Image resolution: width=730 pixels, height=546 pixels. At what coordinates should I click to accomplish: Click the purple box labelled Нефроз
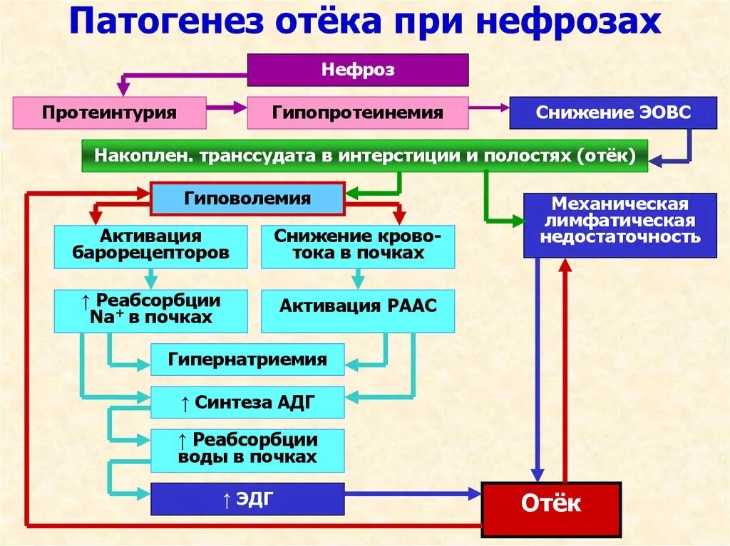coord(358,70)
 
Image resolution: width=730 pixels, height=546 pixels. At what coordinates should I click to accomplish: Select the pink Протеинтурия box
coord(109,112)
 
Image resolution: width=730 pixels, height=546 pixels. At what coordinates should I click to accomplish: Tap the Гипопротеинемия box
coord(358,112)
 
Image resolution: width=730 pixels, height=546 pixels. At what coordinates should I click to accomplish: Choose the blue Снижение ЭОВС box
coord(613,112)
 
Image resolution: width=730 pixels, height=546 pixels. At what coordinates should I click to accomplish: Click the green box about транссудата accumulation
coord(364,155)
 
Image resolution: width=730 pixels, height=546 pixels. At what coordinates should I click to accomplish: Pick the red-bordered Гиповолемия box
coord(247,198)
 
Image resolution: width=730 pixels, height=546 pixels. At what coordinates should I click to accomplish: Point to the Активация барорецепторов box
coord(150,246)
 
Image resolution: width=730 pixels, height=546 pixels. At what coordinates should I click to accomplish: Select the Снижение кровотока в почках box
coord(358,246)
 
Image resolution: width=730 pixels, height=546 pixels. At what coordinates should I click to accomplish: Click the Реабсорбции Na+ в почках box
coord(150,310)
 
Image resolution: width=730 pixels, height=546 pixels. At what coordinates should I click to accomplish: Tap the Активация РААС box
coord(358,307)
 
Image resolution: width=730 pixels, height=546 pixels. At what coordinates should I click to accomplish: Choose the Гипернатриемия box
coord(247,359)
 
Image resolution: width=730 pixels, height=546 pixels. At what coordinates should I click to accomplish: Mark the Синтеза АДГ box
coord(247,403)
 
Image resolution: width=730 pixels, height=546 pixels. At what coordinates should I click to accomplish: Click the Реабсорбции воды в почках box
coord(247,449)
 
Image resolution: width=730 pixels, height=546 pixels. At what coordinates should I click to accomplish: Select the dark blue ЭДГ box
coord(247,499)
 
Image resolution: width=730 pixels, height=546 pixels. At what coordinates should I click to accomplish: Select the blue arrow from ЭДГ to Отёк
coord(413,493)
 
